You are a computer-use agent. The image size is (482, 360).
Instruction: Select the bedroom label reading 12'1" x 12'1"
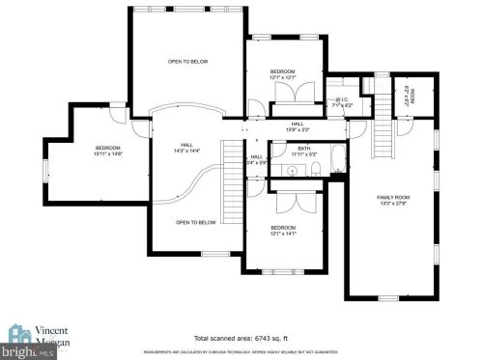pyautogui.click(x=282, y=74)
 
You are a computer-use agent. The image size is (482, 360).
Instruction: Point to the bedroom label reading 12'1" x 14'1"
pyautogui.click(x=282, y=230)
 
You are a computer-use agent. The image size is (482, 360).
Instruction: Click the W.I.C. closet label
pyautogui.click(x=342, y=100)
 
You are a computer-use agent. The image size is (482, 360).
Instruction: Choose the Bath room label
pyautogui.click(x=303, y=151)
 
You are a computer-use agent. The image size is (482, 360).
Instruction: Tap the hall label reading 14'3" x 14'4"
pyautogui.click(x=186, y=148)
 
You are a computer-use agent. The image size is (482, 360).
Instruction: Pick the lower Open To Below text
pyautogui.click(x=195, y=222)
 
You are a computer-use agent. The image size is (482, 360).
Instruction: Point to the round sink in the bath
pyautogui.click(x=291, y=170)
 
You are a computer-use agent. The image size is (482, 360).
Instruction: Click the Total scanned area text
pyautogui.click(x=240, y=339)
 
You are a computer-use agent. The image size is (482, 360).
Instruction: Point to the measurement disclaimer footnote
pyautogui.click(x=241, y=352)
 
